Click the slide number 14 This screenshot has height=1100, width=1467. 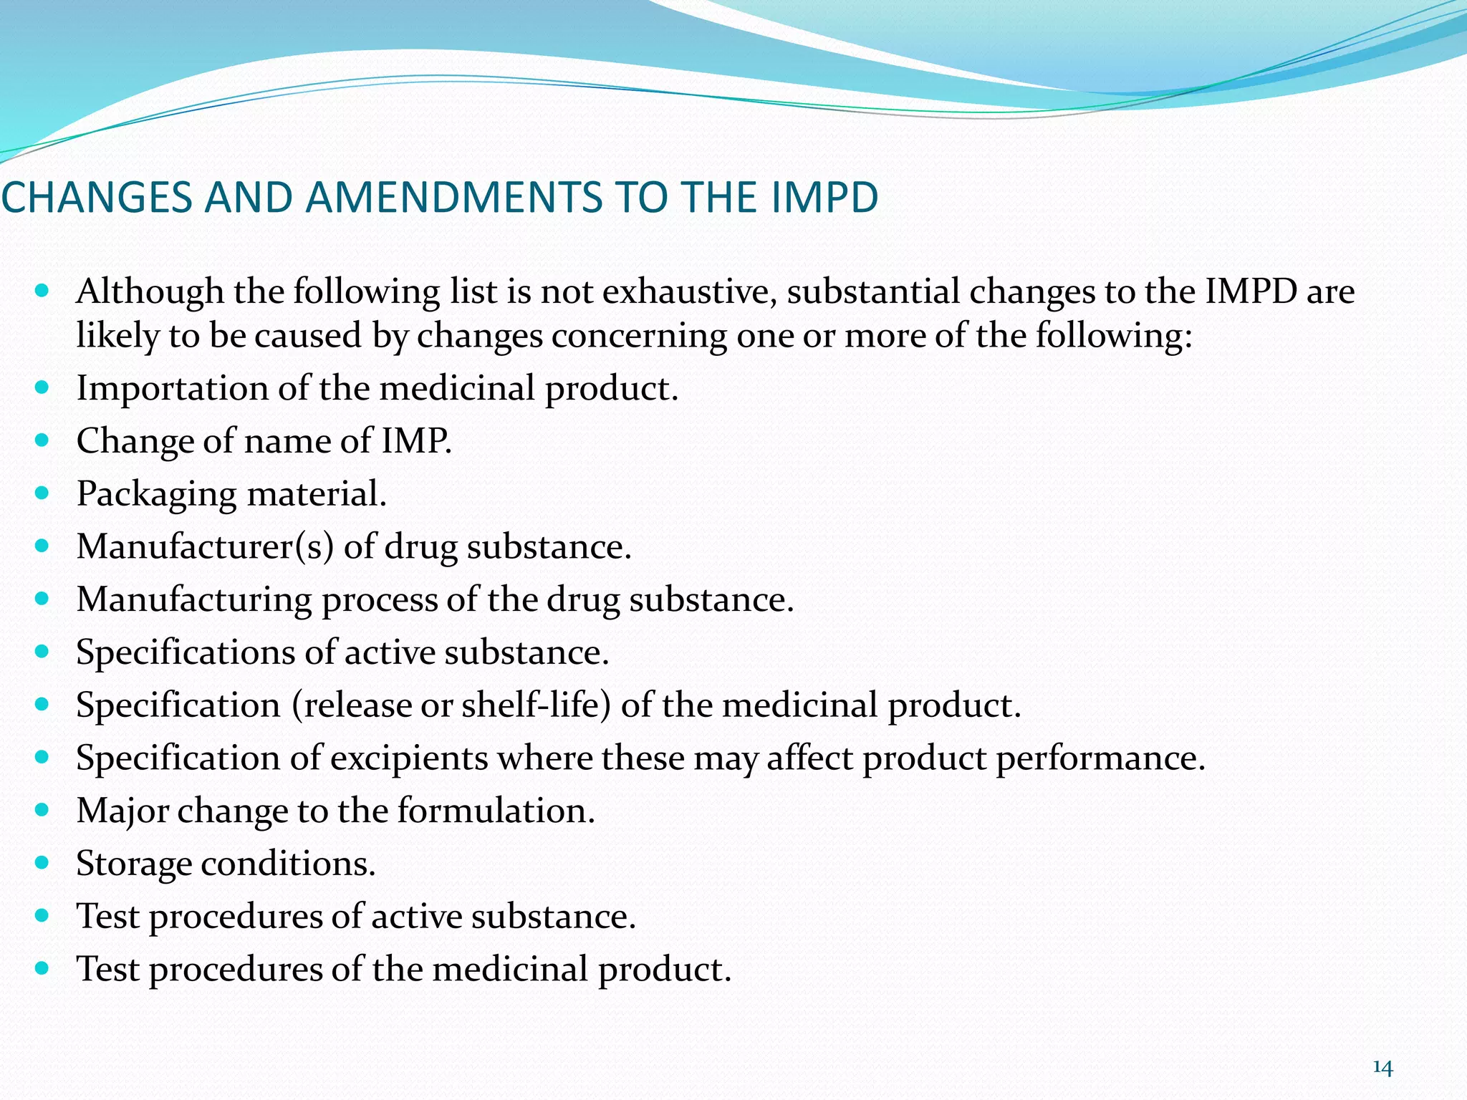pos(1382,1068)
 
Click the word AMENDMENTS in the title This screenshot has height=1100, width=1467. pos(454,198)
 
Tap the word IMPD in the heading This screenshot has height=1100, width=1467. pos(824,198)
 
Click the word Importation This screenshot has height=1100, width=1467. pos(173,389)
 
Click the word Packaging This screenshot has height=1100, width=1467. pos(157,494)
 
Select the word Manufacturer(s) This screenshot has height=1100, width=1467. pos(206,546)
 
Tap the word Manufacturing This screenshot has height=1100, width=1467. pos(194,600)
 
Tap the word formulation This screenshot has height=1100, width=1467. pos(496,811)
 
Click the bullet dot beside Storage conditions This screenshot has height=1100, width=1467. pos(42,862)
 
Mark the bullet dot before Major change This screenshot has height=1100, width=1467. pos(42,810)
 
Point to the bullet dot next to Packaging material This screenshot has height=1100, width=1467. pos(42,493)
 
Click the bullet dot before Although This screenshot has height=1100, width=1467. pos(42,291)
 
